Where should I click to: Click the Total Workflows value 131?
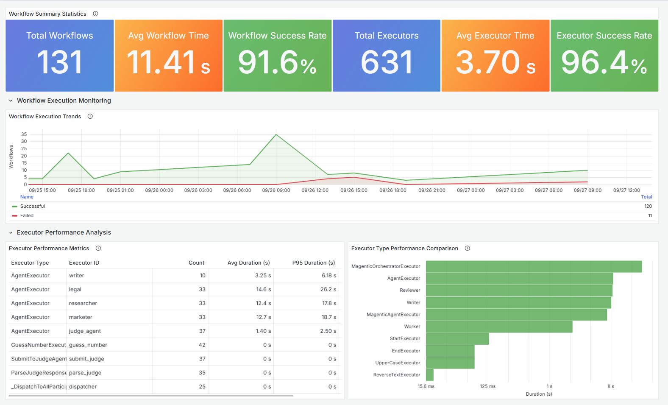59,62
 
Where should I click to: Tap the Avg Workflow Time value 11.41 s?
169,62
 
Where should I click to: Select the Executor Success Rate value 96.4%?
604,62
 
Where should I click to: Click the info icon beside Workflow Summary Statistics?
95,14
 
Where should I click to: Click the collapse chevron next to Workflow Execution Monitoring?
11,101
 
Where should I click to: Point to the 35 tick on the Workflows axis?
24,134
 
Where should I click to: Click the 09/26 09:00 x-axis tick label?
276,190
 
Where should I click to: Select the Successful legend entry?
33,206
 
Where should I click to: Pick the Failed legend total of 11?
650,215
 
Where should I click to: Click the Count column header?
196,263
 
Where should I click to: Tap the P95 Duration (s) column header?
313,263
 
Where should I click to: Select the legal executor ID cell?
75,289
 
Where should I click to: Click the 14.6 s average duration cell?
263,289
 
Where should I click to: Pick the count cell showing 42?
202,345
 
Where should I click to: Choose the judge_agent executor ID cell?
85,331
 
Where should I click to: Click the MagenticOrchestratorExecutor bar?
534,266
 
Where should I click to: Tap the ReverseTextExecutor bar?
430,375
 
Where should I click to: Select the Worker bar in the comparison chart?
499,327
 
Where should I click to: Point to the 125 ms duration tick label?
487,386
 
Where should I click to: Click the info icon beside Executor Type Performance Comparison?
467,249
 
